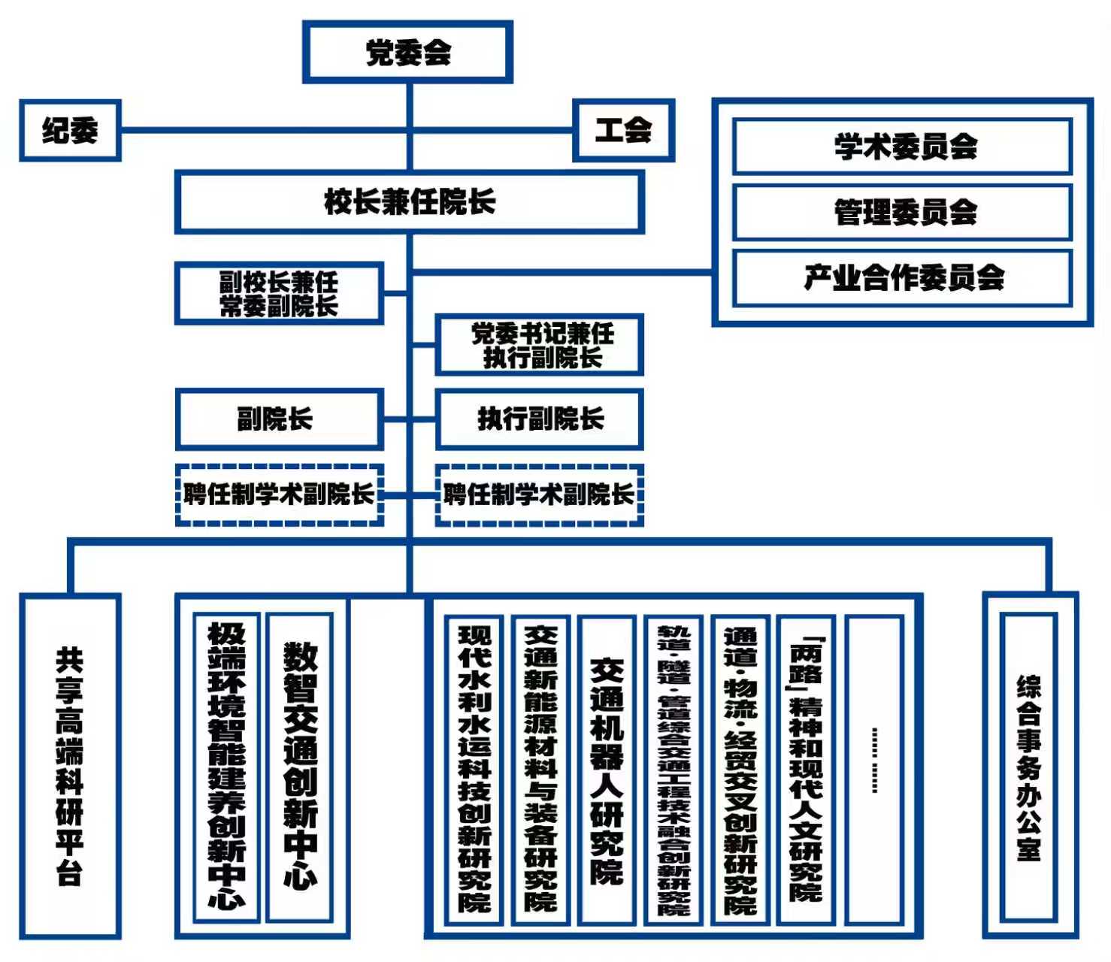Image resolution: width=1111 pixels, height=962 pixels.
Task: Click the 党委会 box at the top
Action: click(x=407, y=52)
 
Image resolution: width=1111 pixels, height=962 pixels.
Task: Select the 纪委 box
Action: click(x=70, y=131)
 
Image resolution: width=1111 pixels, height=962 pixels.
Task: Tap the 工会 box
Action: click(x=623, y=131)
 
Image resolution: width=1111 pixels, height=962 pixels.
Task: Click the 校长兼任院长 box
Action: click(x=410, y=202)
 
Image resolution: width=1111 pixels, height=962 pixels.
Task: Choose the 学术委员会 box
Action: click(x=903, y=147)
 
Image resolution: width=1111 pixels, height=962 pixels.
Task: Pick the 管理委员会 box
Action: click(x=903, y=213)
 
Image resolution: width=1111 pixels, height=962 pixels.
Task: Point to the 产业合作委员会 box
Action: click(x=903, y=278)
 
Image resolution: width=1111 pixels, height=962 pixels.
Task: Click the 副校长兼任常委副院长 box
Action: click(x=279, y=294)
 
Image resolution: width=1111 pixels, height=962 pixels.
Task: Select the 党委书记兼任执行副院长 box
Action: click(x=540, y=345)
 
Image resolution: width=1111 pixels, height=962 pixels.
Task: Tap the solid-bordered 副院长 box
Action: click(x=279, y=419)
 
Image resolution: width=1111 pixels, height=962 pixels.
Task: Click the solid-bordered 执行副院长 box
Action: click(x=540, y=419)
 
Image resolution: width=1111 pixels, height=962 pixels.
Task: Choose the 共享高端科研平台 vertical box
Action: click(x=70, y=766)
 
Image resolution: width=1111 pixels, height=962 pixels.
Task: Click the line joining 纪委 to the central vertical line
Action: click(x=263, y=130)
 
